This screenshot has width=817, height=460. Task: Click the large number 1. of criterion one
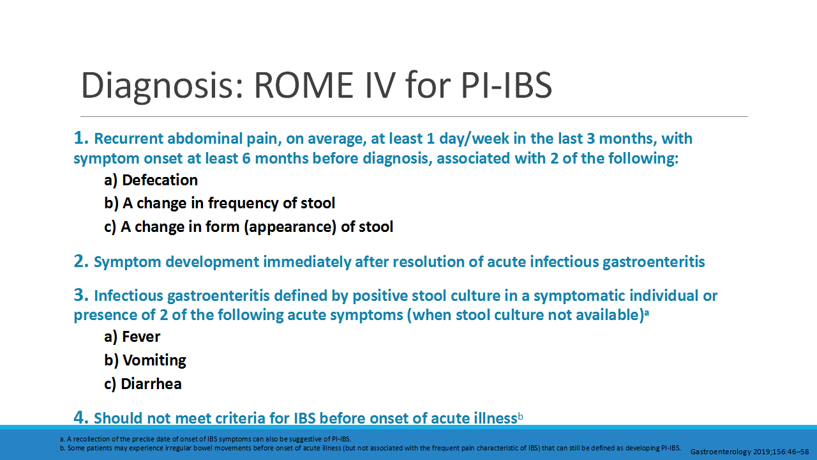click(x=81, y=138)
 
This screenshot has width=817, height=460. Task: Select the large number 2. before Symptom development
click(x=81, y=261)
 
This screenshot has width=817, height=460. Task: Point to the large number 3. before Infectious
click(x=81, y=295)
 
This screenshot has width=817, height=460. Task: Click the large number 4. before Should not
click(x=81, y=418)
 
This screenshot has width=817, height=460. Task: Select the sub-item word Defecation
click(x=160, y=180)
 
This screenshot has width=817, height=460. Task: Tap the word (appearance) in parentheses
click(x=290, y=226)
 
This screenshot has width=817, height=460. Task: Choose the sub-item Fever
click(x=141, y=337)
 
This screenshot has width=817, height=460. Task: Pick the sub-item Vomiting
click(x=154, y=360)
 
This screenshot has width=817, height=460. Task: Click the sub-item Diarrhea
click(x=152, y=383)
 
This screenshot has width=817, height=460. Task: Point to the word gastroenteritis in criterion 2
click(x=654, y=261)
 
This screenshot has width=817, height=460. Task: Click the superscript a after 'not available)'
click(x=646, y=312)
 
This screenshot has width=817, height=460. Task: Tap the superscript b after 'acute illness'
click(x=520, y=417)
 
